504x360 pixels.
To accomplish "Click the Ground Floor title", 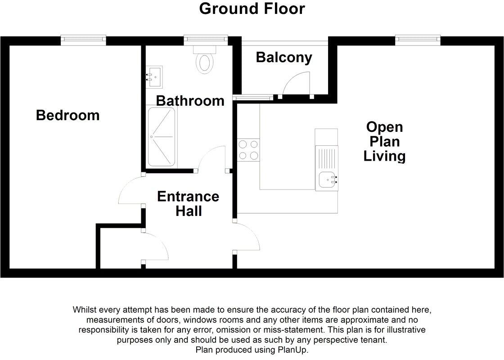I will pos(252,9).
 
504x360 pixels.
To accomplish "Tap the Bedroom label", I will pos(67,115).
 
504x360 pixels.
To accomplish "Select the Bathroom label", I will pos(190,100).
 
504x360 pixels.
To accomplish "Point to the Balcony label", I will pos(283,58).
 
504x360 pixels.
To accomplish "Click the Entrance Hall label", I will pos(188,203).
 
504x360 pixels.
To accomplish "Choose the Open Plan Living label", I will pos(384,141).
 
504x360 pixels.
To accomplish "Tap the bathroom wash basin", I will pos(154,76).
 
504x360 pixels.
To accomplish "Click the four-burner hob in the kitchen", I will pos(248,150).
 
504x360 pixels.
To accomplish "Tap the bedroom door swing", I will pos(131,191).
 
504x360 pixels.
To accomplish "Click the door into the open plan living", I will pos(247,237).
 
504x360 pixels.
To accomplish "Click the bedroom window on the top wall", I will pos(83,40).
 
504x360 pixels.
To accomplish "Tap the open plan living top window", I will pos(418,40).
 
